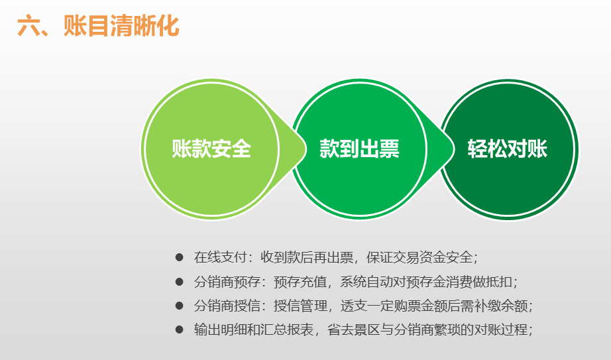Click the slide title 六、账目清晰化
98,26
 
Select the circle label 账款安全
211,149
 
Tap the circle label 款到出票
359,149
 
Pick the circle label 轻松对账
508,149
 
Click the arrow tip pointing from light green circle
306,149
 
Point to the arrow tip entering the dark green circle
454,149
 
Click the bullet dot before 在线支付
179,257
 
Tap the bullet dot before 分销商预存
179,282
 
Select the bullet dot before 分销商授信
179,306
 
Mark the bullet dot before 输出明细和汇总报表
179,330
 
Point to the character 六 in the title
28,27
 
